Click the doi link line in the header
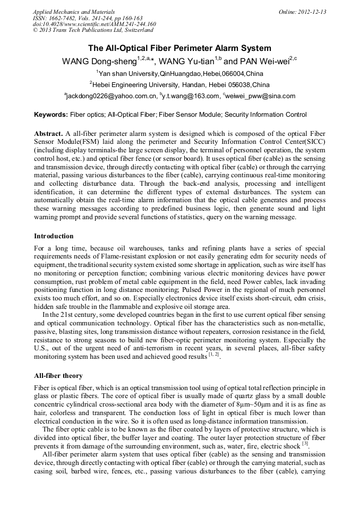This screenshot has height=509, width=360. coord(94,24)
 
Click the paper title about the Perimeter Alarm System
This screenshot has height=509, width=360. coord(179,48)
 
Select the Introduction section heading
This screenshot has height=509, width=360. coord(54,236)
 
